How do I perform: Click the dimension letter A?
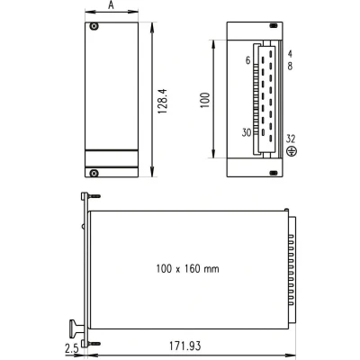(x=111, y=5)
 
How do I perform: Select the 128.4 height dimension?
(x=162, y=101)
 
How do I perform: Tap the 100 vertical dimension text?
(x=205, y=101)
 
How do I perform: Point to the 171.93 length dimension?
(x=184, y=346)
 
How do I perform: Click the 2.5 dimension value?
(x=72, y=348)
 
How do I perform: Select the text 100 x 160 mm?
(x=187, y=268)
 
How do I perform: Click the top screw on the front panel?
(x=94, y=26)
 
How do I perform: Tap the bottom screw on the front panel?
(x=94, y=173)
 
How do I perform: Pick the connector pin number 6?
(x=247, y=60)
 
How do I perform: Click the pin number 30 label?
(x=247, y=132)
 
